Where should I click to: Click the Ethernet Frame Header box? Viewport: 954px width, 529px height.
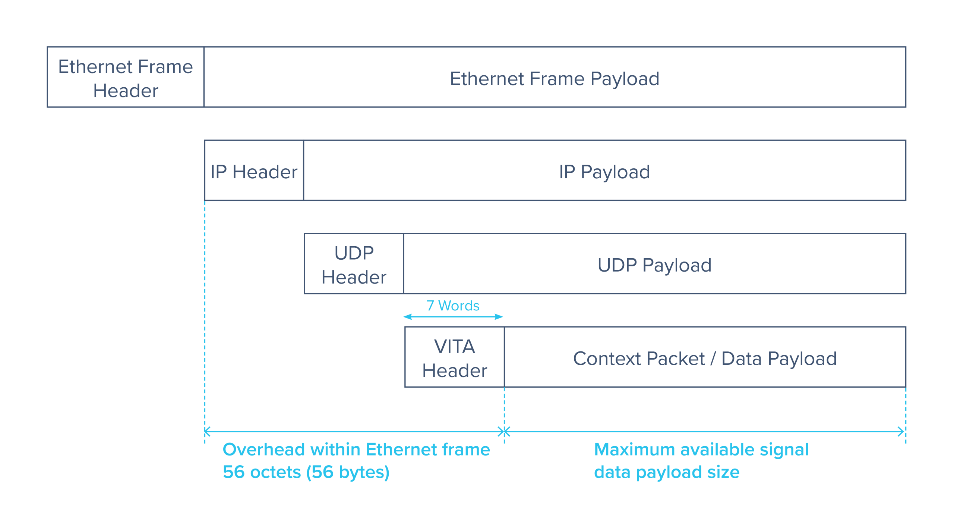tap(126, 78)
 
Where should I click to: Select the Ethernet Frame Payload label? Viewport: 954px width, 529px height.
tap(555, 79)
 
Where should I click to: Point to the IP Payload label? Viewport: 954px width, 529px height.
tap(604, 172)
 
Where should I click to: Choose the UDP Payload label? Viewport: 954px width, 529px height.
tap(654, 265)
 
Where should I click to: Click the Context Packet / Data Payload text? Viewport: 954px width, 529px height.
tap(705, 359)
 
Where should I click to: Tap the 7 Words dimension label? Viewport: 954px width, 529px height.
tap(453, 306)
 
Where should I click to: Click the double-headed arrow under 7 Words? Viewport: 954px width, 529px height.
tap(453, 317)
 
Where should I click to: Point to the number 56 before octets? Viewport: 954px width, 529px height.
tap(234, 472)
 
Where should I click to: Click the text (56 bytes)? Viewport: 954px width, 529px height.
tap(348, 472)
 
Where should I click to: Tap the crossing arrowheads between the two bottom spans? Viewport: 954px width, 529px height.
tap(504, 432)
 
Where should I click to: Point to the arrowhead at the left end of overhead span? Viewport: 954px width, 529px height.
tap(208, 432)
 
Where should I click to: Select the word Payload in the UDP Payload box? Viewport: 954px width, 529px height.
tap(677, 265)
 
